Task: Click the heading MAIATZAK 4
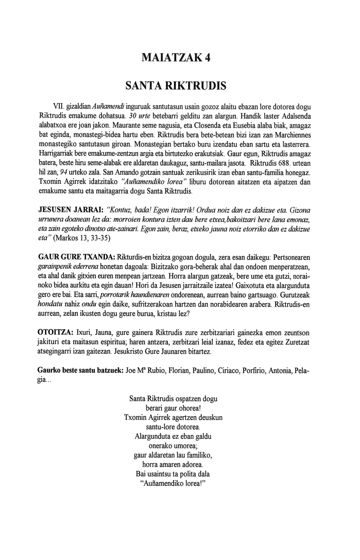[176, 58]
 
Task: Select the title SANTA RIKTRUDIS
[176, 86]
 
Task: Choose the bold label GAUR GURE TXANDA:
[76, 257]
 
